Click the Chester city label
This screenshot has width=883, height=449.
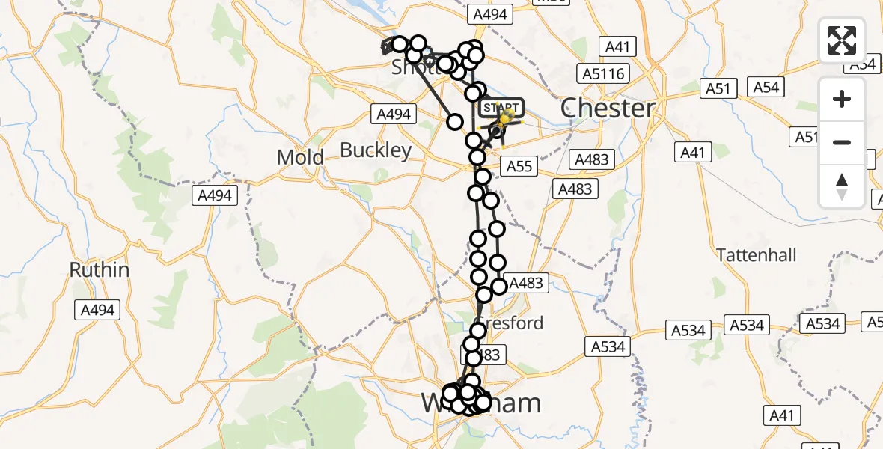click(608, 109)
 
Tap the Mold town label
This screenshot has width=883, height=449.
click(300, 157)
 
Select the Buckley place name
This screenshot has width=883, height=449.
click(376, 150)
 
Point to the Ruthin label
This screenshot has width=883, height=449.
click(100, 269)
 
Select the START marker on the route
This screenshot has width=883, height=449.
click(499, 109)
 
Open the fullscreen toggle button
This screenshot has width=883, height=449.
click(842, 40)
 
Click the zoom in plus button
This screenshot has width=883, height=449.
click(842, 99)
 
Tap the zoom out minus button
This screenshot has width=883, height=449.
click(842, 142)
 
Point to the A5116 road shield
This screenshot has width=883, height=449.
click(603, 73)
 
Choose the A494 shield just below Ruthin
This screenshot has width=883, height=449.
click(97, 309)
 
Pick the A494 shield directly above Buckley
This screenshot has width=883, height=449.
click(392, 114)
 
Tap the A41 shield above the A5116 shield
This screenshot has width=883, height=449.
click(617, 47)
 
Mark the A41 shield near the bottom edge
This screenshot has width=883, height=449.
click(782, 415)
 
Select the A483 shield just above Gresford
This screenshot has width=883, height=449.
click(528, 283)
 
